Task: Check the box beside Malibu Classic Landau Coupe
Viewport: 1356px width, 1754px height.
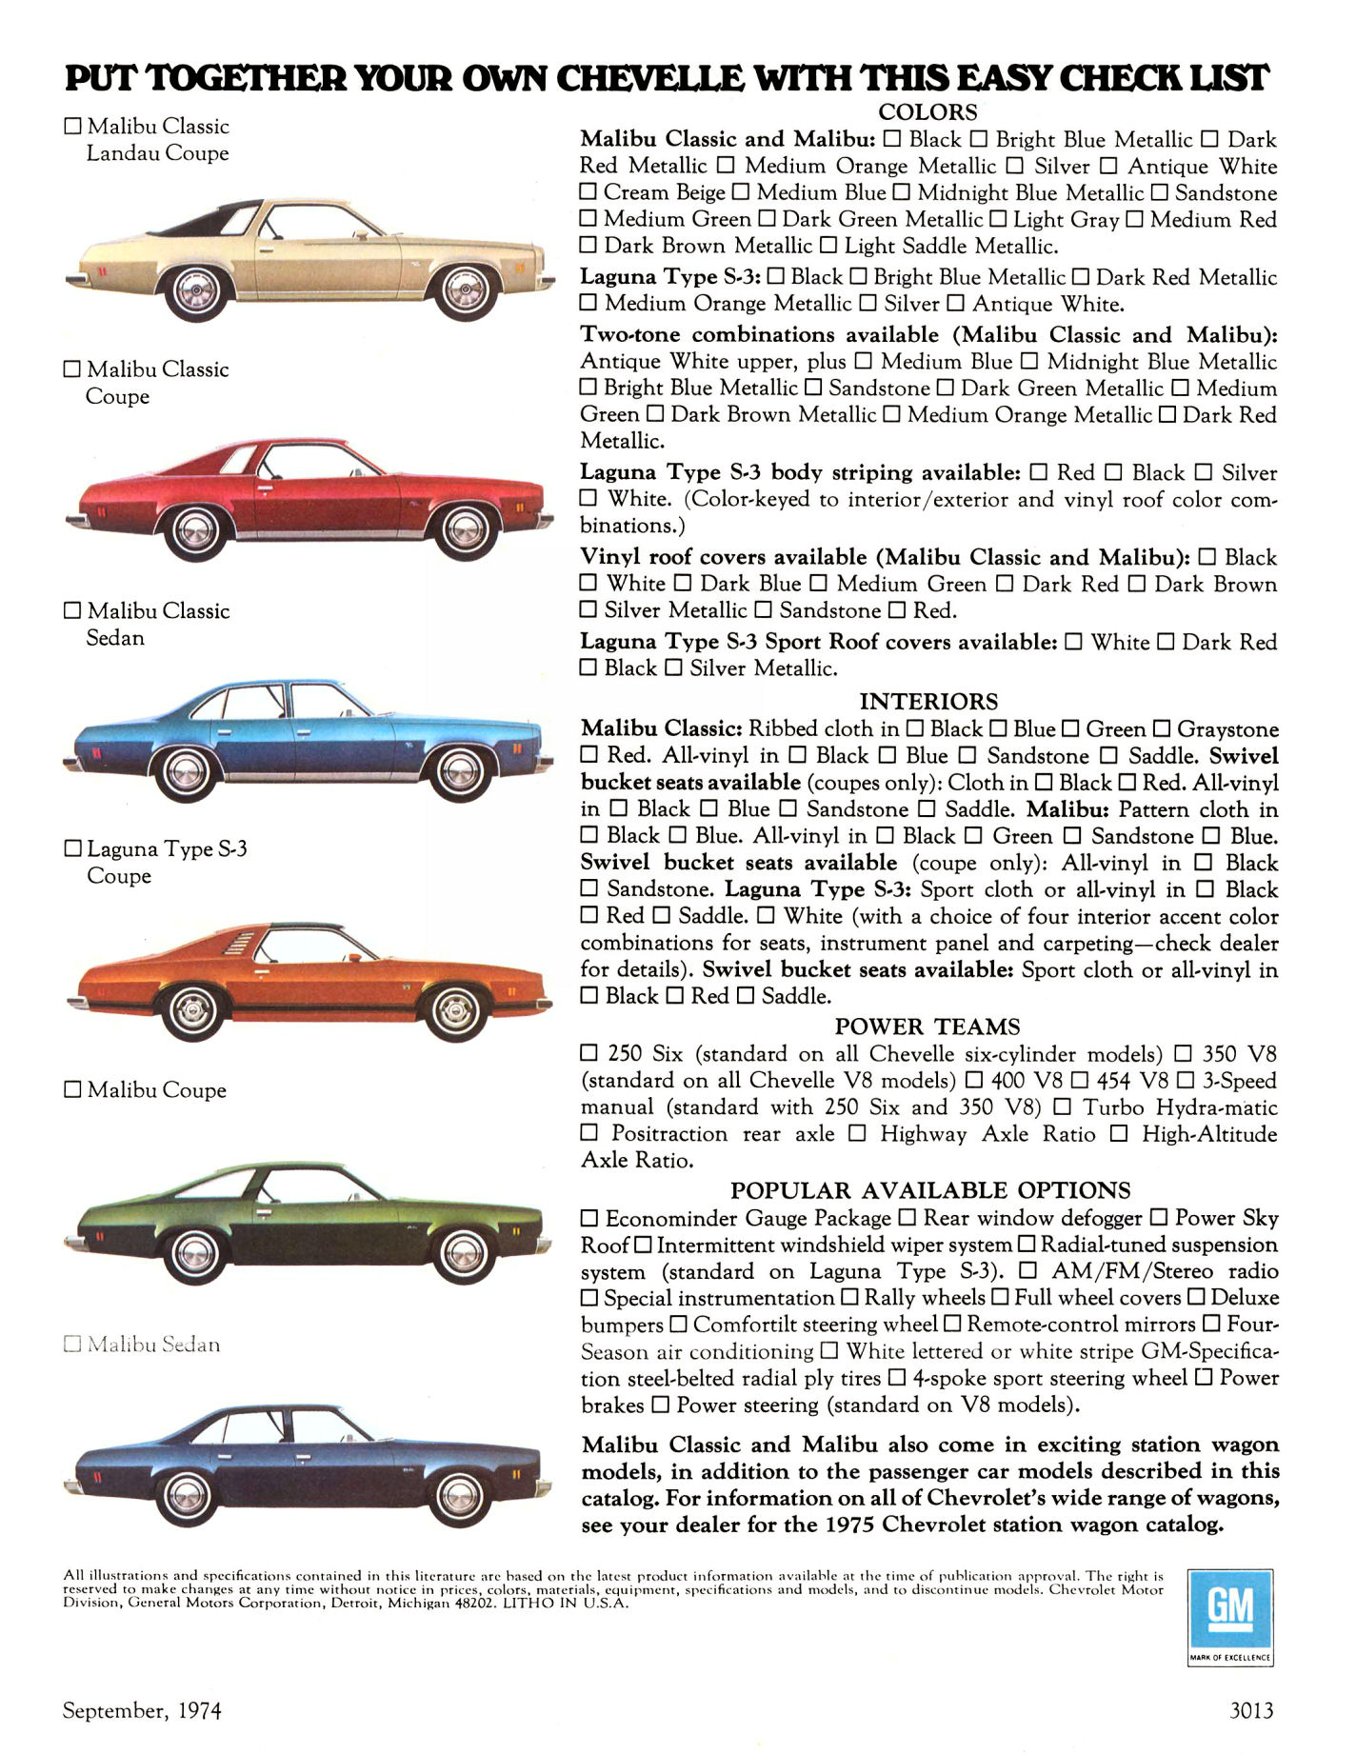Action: point(72,126)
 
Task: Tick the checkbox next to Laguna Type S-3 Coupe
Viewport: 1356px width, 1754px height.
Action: point(72,848)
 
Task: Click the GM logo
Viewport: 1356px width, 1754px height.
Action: point(1230,1609)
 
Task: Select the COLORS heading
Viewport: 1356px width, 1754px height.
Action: point(927,112)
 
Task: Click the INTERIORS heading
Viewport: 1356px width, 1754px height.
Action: point(928,702)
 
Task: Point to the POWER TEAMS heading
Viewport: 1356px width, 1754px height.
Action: point(927,1026)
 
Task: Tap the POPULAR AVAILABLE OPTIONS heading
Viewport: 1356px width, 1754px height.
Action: point(930,1190)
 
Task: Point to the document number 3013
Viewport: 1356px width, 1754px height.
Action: point(1251,1710)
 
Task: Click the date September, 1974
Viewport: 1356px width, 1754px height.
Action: point(142,1710)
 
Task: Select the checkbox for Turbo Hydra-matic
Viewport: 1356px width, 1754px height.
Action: point(1063,1107)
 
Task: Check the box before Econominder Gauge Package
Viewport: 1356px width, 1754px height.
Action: point(589,1219)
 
